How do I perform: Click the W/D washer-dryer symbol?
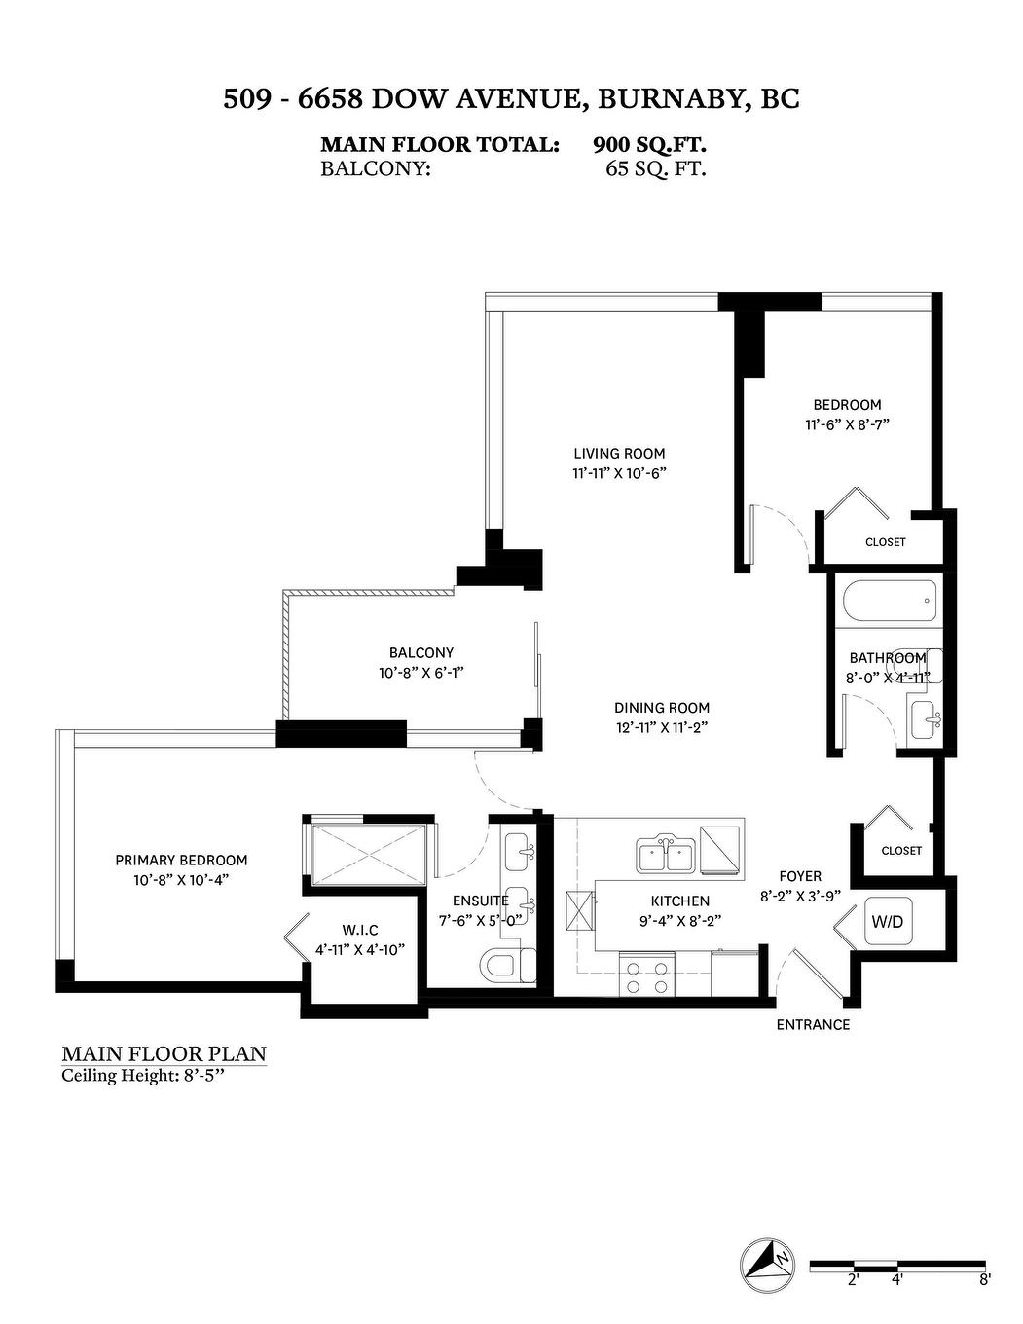[x=887, y=921]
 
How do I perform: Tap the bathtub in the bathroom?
[x=889, y=602]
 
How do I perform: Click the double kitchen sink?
[x=667, y=856]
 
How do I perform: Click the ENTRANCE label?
[x=813, y=1024]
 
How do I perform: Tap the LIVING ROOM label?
[x=619, y=453]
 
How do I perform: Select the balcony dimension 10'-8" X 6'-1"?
[x=421, y=672]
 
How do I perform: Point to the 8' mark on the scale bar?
[x=984, y=1280]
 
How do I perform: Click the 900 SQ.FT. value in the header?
[x=649, y=144]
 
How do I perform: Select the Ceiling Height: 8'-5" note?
[x=150, y=1075]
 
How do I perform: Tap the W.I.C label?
[x=359, y=930]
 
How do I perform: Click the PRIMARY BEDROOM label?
[x=181, y=860]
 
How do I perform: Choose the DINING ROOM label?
[x=662, y=708]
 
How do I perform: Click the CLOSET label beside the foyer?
[x=901, y=850]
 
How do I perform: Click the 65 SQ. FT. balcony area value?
[x=655, y=168]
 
